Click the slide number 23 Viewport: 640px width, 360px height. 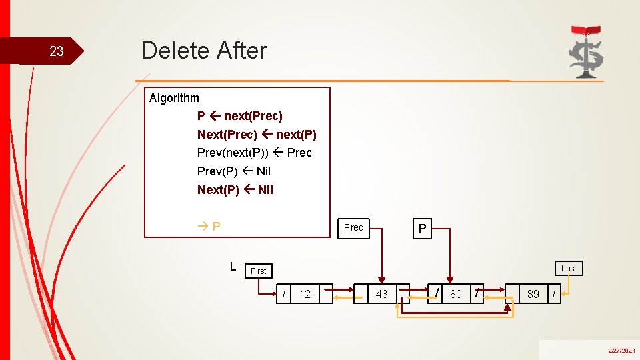(57, 51)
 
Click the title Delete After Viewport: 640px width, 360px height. (204, 51)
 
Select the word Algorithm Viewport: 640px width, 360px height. (174, 98)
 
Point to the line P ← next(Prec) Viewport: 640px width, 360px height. (240, 116)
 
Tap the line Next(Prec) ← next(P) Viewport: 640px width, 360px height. (257, 135)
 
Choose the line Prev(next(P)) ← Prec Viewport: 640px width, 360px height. (254, 153)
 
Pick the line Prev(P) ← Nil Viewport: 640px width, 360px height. (233, 171)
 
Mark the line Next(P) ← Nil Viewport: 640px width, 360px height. (235, 190)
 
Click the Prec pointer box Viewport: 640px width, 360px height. (353, 227)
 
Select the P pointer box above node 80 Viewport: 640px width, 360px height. (421, 229)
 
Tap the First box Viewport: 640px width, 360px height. (259, 271)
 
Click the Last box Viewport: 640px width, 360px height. (568, 268)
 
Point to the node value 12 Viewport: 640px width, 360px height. (305, 294)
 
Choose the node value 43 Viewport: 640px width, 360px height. (382, 293)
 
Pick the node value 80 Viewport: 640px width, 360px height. (456, 293)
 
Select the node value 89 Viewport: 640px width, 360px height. (533, 293)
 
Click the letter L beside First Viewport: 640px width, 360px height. (233, 267)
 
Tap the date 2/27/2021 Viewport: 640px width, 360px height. (621, 351)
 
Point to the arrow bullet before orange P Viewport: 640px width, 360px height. (203, 226)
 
